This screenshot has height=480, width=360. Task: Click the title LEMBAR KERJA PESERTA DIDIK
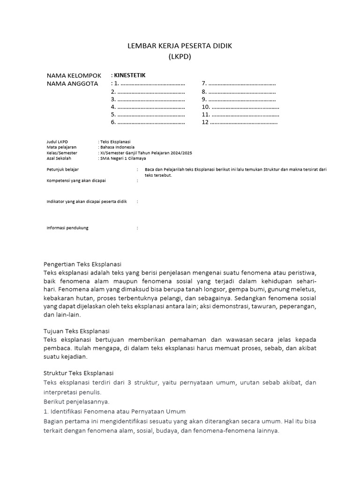180,46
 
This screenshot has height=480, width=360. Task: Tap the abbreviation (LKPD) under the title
180,57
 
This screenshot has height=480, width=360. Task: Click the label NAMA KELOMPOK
74,75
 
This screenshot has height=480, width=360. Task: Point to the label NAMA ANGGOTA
72,83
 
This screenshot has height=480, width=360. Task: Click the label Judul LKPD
57,141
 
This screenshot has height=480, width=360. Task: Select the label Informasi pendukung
67,228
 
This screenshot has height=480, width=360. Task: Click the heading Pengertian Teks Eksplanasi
82,264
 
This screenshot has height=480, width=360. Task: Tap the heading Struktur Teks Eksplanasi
78,373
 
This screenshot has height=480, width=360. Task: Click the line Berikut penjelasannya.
76,402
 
